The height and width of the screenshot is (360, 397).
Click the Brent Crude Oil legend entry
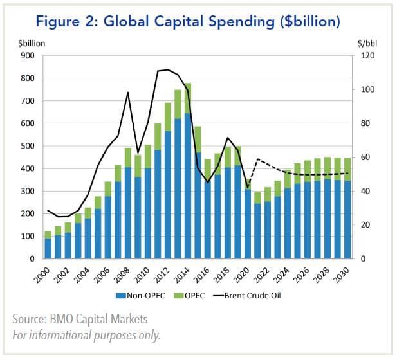point(257,296)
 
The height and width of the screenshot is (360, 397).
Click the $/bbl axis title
point(367,43)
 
